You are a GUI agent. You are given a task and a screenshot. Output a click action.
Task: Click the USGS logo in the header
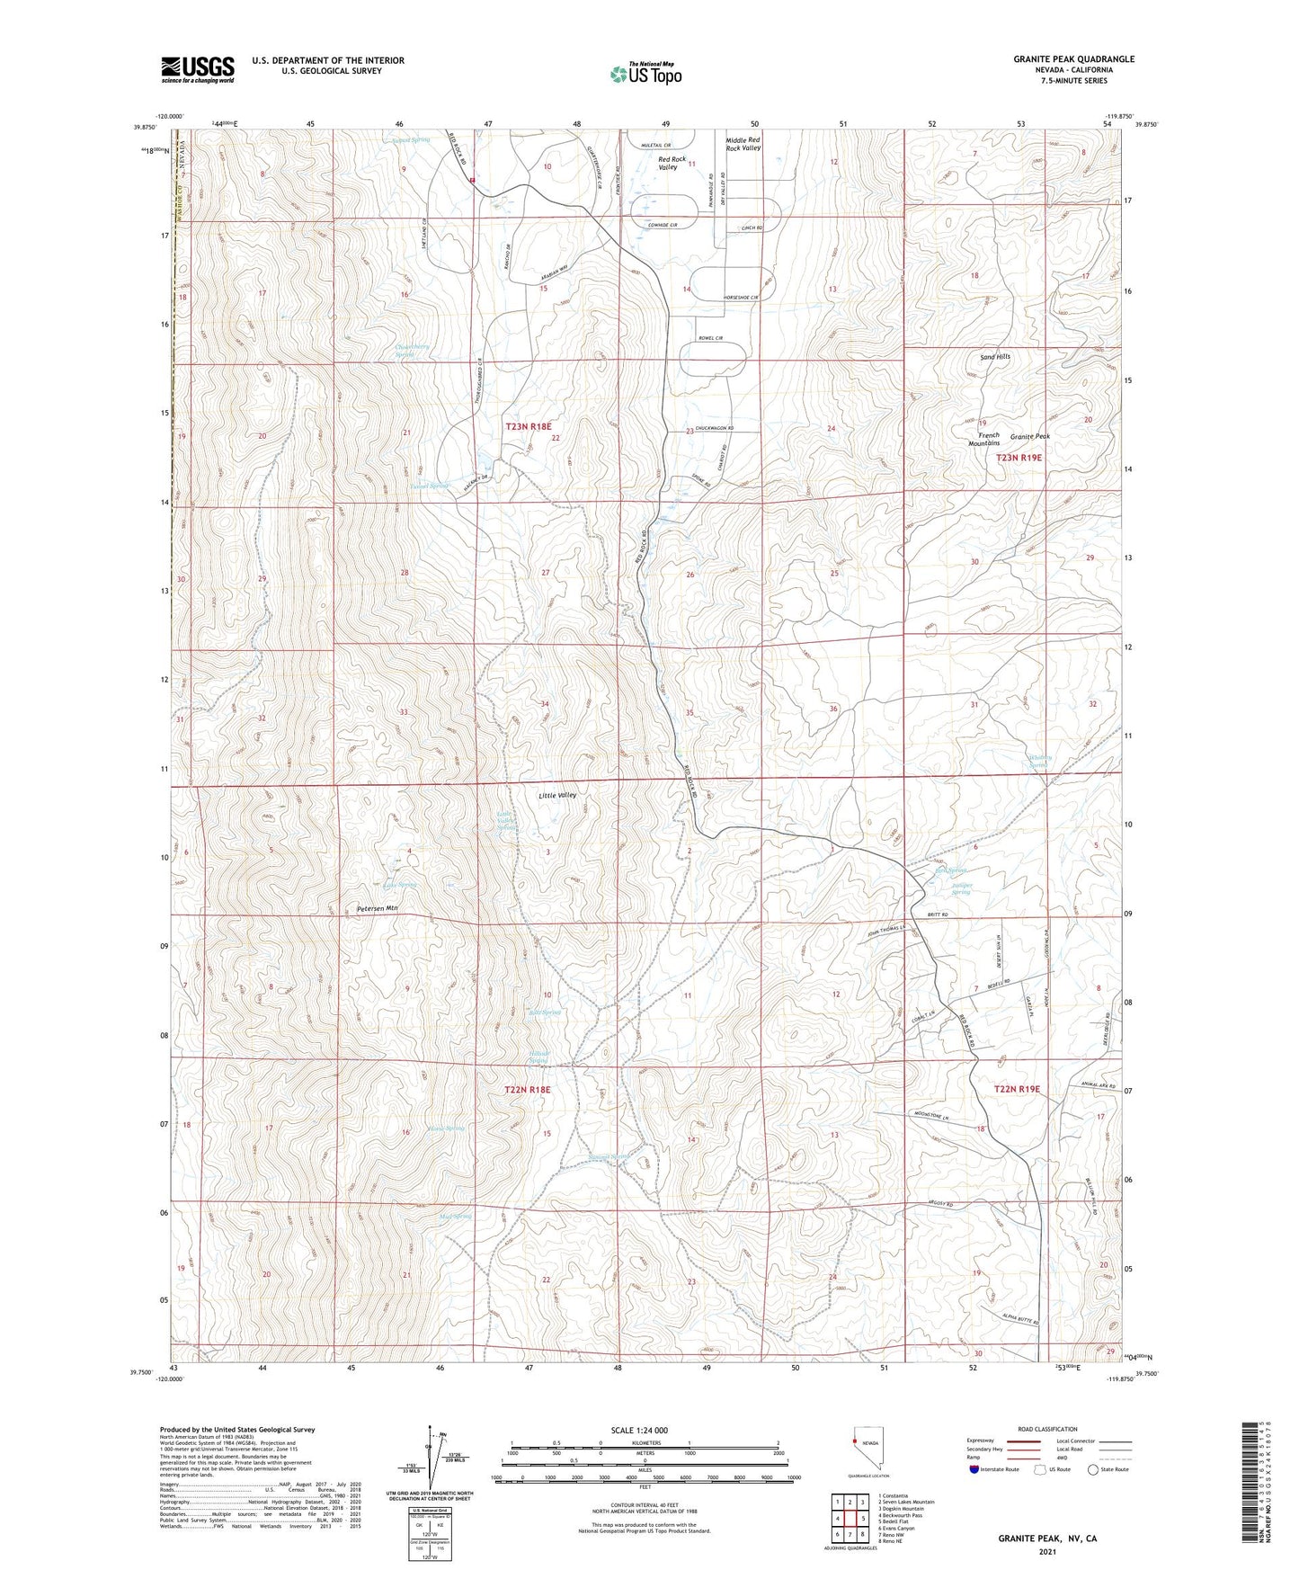click(197, 68)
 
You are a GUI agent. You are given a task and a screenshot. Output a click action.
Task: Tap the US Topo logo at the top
click(645, 74)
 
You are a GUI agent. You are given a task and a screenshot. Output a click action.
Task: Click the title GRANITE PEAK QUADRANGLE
click(1073, 59)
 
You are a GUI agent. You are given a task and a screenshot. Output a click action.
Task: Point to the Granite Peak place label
click(1029, 436)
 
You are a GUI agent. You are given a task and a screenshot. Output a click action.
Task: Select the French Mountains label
click(983, 439)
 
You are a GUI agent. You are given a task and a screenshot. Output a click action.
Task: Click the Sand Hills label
click(994, 357)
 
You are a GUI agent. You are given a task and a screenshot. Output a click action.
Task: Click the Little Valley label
click(556, 796)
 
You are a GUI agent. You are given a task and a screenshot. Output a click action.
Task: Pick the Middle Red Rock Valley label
click(743, 144)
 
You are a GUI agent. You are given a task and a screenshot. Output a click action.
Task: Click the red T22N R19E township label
click(1017, 1089)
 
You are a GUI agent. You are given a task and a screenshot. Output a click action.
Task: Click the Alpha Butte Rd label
click(1022, 1320)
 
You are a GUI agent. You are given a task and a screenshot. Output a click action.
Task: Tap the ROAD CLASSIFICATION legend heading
click(1048, 1429)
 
